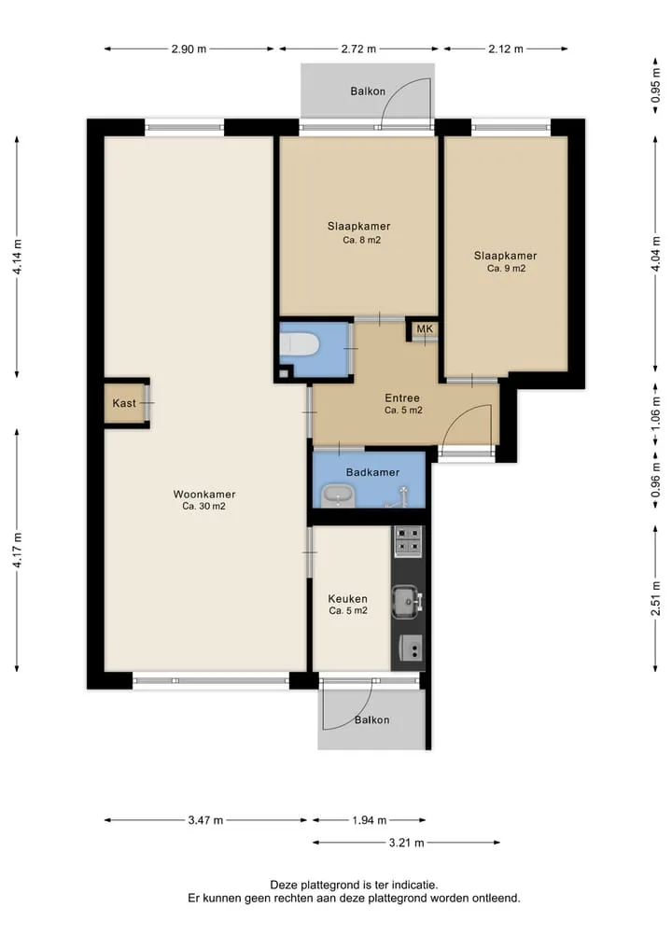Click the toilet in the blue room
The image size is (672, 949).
pos(300,345)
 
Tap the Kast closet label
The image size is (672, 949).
pos(124,403)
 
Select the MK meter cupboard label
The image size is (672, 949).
pos(425,328)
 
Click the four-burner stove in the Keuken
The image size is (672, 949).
pos(408,541)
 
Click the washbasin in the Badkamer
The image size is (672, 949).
pos(338,495)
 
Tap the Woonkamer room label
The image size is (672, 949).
pos(204,494)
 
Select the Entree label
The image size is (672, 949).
pos(402,398)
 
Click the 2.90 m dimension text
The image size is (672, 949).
pos(189,49)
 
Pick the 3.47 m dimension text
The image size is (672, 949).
pos(205,820)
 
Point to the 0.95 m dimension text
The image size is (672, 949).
pos(655,85)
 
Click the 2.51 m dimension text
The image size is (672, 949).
pos(655,598)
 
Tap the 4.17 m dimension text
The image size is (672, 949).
pos(17,551)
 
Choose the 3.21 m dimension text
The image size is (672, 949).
pos(406,843)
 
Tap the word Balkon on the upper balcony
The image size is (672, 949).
pos(368,91)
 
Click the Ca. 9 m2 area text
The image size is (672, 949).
pos(506,268)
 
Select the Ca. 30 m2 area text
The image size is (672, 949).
pos(204,506)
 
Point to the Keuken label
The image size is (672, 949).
pos(347,598)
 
